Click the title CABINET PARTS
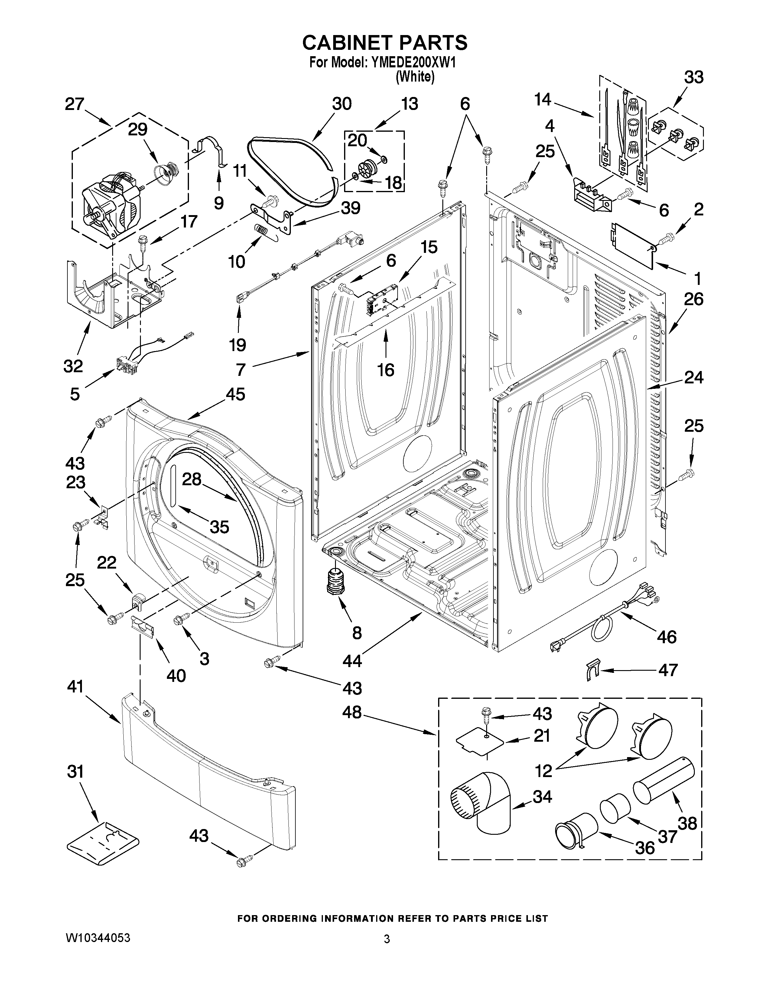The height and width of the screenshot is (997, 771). coord(385,43)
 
